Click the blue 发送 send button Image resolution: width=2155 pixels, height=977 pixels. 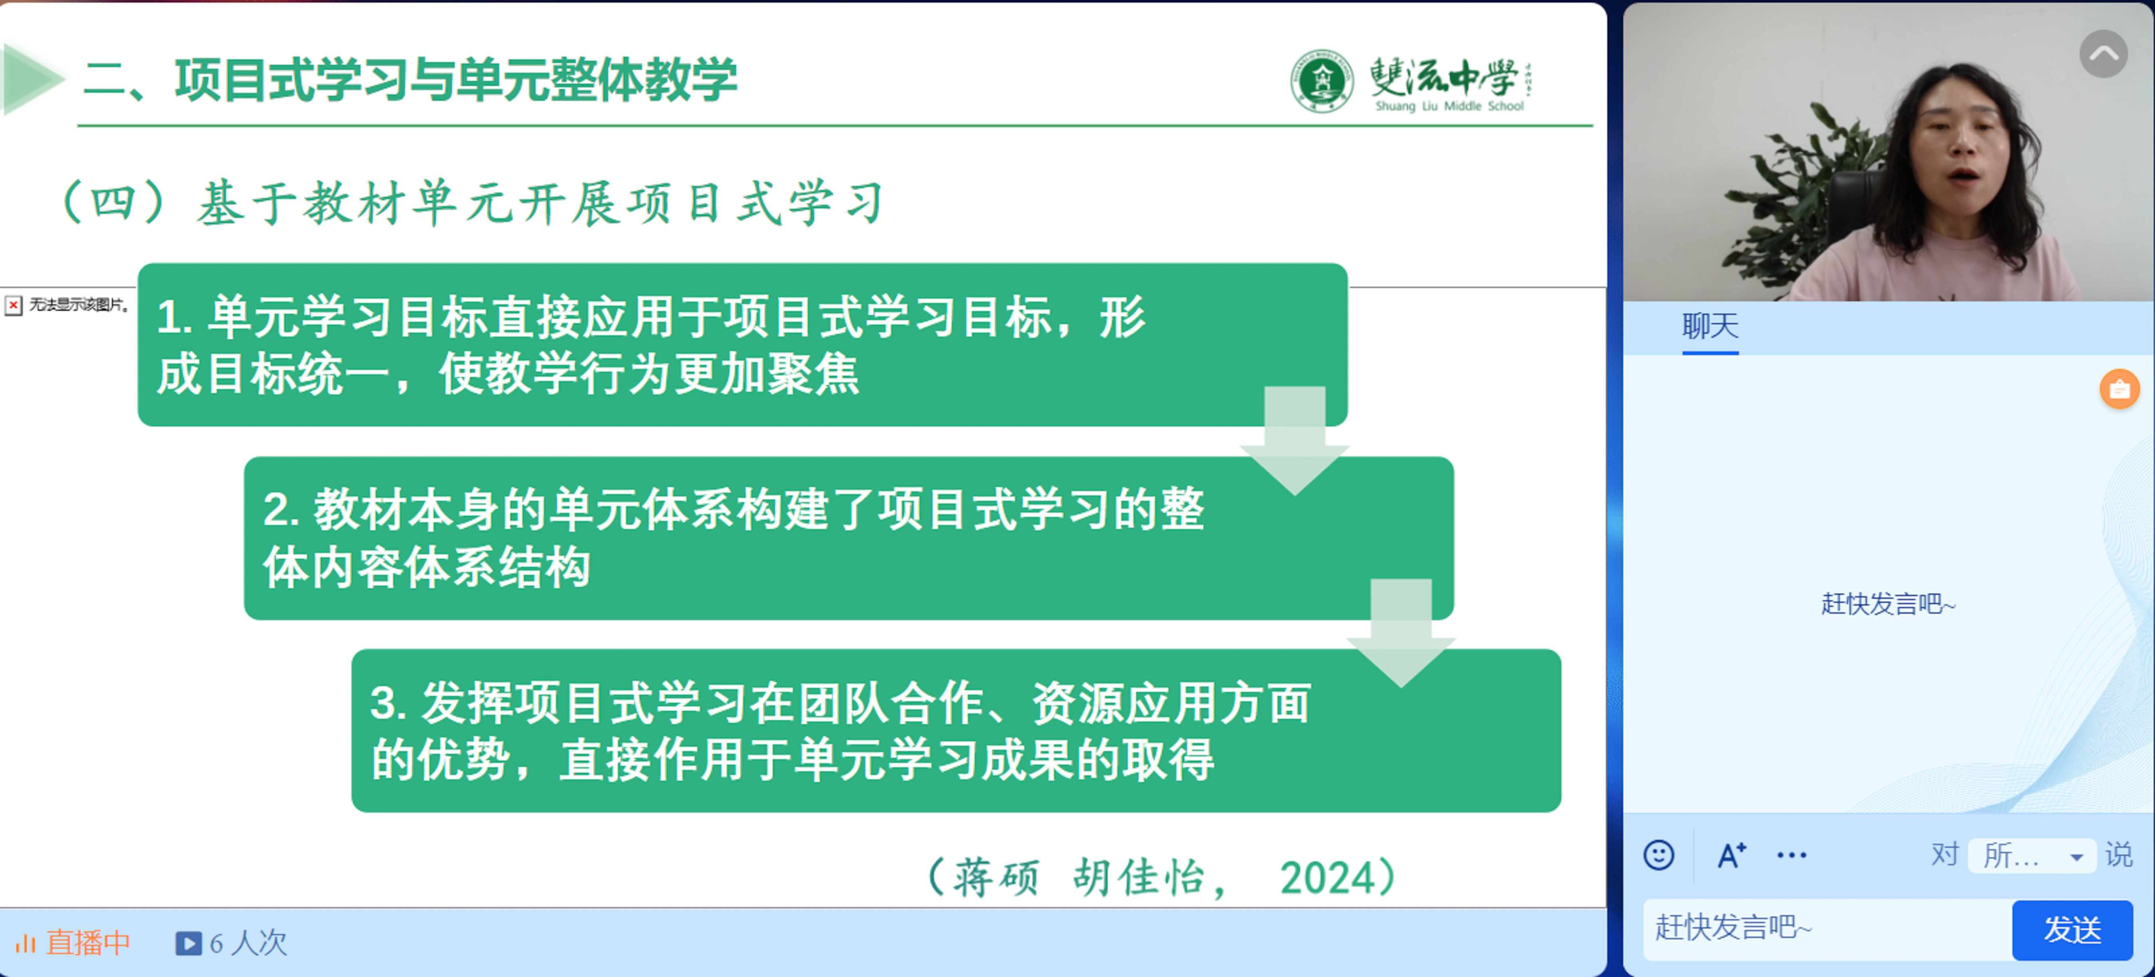click(x=2072, y=929)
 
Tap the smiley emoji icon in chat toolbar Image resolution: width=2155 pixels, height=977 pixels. click(x=1659, y=855)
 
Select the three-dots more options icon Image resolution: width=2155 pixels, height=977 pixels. click(x=1792, y=855)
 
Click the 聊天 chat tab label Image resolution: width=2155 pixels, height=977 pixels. click(x=1710, y=326)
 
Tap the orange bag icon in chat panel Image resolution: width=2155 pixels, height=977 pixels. click(x=2120, y=389)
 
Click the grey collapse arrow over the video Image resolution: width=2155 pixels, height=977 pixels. click(x=2103, y=54)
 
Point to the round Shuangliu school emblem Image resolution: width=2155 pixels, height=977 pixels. click(x=1322, y=80)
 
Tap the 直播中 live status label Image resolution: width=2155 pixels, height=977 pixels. click(x=88, y=943)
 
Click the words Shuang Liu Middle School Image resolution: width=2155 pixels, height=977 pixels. click(x=1449, y=106)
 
